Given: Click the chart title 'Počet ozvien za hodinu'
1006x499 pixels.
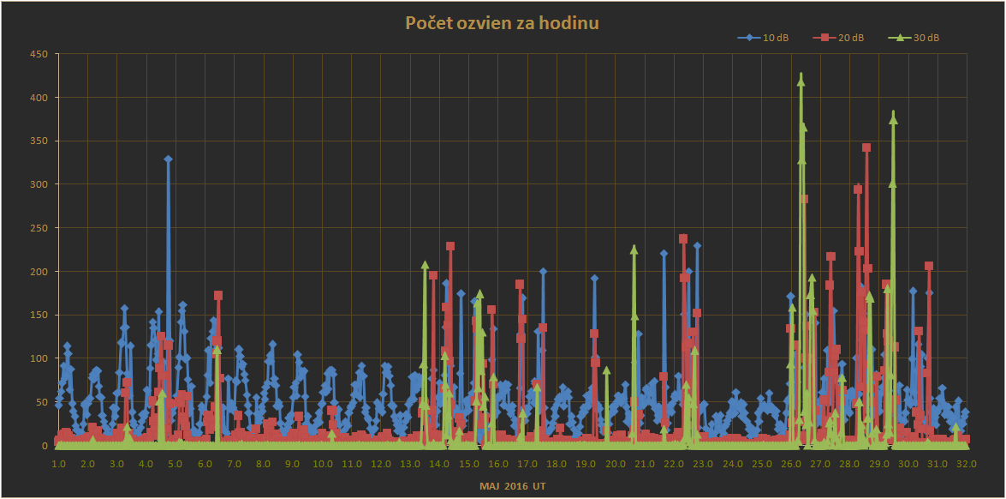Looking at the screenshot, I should (502, 23).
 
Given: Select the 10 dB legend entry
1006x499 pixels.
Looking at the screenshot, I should (770, 38).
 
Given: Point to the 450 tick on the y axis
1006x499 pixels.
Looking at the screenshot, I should (39, 54).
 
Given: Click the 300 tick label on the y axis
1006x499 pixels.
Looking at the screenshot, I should (39, 184).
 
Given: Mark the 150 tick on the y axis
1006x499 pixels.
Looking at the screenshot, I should (39, 315).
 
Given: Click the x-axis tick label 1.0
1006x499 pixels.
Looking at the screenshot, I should (58, 464).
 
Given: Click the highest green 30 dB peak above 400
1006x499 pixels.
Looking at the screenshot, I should (801, 76).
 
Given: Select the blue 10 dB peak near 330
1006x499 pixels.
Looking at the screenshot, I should (169, 159).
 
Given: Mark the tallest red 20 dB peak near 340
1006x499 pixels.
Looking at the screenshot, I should (866, 148).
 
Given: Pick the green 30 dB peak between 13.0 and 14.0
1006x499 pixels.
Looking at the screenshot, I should (425, 265).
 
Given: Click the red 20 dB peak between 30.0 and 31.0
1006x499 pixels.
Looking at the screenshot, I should (928, 266).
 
